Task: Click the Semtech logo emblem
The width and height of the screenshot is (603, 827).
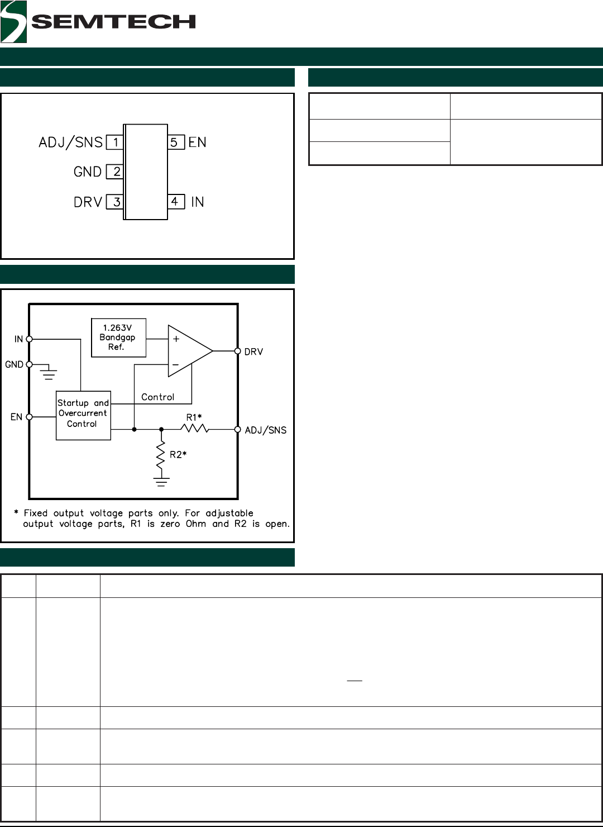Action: [13, 22]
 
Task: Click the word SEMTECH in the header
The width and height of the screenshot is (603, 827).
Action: [113, 22]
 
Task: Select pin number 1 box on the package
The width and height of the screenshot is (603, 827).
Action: [114, 142]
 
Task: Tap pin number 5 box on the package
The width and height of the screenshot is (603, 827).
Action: [176, 142]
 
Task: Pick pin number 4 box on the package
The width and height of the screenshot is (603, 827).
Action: [176, 202]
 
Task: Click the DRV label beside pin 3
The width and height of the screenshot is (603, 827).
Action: [88, 202]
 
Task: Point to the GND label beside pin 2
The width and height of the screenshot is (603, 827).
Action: [88, 172]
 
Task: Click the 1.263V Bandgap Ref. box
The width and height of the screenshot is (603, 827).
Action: [119, 338]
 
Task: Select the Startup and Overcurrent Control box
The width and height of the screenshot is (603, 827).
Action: [83, 415]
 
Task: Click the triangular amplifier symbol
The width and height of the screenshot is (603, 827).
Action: [190, 351]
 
